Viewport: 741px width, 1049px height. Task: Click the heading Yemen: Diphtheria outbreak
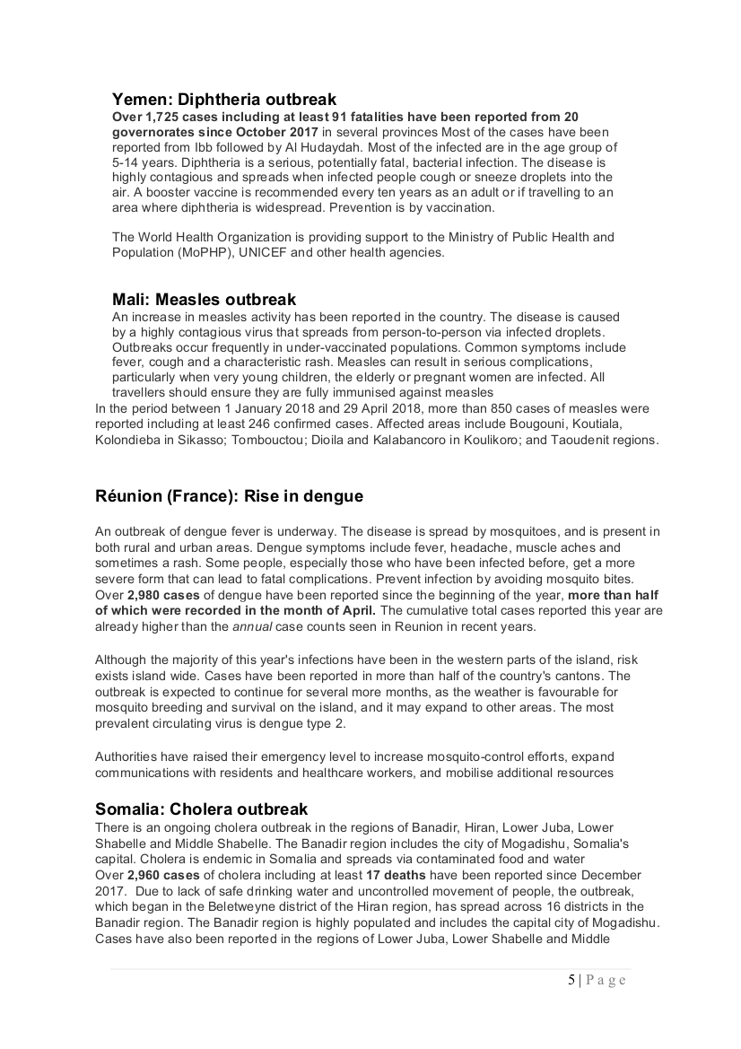click(x=224, y=100)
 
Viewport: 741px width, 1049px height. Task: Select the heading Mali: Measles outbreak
click(x=204, y=299)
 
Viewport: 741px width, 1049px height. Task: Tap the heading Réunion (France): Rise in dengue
click(x=229, y=496)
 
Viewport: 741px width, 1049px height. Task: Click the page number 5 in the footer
click(x=571, y=979)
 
